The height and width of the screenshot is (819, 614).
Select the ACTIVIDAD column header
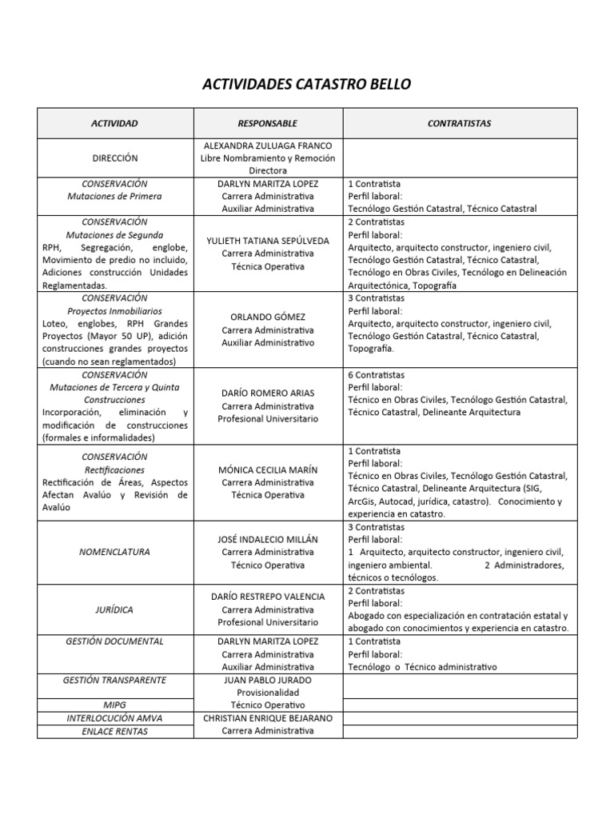coord(114,123)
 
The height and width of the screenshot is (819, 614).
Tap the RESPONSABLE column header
coord(267,123)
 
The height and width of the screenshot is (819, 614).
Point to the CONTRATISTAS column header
coord(460,123)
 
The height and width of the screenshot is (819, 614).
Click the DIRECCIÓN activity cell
coord(114,158)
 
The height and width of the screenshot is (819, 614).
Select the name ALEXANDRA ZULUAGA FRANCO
coord(267,146)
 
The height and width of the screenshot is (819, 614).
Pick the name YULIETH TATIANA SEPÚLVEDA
coord(267,240)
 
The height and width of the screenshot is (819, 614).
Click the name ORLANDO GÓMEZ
coord(267,317)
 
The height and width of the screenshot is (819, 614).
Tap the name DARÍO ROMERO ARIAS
coord(267,393)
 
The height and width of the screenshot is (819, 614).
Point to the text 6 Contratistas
coord(377,374)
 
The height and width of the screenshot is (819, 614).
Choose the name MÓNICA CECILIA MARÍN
coord(267,469)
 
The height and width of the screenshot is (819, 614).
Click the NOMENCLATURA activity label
coord(114,552)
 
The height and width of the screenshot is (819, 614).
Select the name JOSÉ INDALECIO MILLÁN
coord(267,539)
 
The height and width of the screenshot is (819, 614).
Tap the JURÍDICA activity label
coord(114,609)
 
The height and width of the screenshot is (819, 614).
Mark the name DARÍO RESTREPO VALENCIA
coord(267,597)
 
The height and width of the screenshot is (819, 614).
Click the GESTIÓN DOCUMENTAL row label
coord(114,641)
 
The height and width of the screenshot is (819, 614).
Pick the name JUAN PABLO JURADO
coord(267,680)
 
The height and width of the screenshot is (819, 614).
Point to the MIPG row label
coord(114,705)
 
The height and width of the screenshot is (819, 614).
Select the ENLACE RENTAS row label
coord(114,731)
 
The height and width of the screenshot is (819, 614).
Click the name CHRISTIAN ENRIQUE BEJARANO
coord(267,718)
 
